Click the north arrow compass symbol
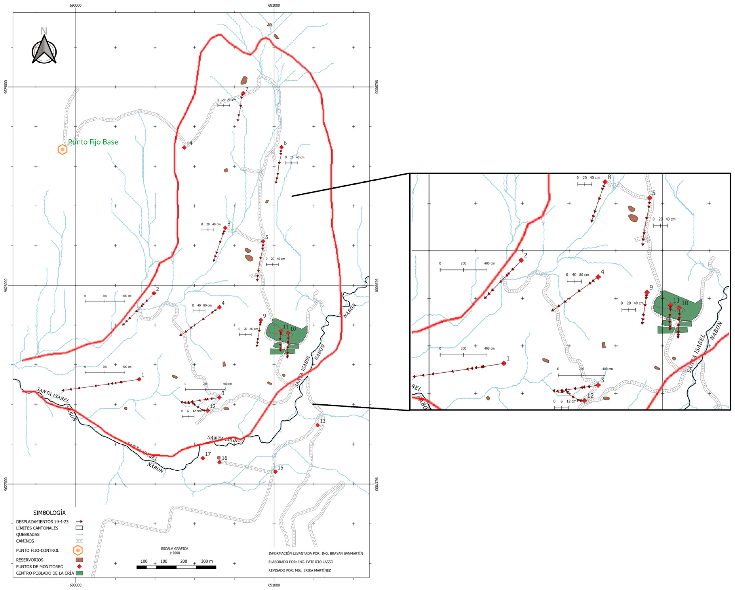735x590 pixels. [44, 50]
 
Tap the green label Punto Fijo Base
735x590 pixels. [93, 142]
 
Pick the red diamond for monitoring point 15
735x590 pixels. [276, 472]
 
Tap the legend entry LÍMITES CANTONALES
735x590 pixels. [37, 528]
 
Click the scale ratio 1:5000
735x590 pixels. [175, 553]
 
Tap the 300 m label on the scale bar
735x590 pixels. [207, 561]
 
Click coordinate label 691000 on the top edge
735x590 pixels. [274, 6]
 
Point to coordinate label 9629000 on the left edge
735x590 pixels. [6, 87]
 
